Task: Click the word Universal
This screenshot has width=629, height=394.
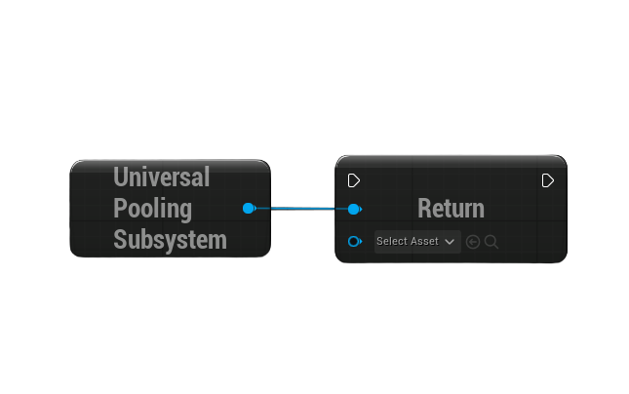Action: [x=161, y=177]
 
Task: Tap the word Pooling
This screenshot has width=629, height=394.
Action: [x=152, y=209]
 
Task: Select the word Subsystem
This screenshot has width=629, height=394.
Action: [x=170, y=240]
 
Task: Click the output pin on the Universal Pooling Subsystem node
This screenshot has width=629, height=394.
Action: [x=249, y=209]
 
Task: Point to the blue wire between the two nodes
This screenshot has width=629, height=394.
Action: [x=302, y=209]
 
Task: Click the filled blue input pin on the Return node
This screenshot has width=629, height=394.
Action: [x=355, y=209]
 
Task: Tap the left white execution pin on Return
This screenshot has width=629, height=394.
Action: [x=354, y=180]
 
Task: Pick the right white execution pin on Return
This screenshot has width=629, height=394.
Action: [x=547, y=180]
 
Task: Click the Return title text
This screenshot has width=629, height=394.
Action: [x=451, y=209]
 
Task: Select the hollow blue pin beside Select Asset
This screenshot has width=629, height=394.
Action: [x=355, y=242]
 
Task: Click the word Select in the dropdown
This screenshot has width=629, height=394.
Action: [x=392, y=241]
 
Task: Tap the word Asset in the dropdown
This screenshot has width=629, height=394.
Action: [x=425, y=241]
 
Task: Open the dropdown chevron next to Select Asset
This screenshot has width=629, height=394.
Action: [x=450, y=242]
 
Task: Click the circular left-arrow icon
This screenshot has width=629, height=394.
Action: [x=473, y=242]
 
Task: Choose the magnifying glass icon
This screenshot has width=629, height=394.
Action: [x=491, y=242]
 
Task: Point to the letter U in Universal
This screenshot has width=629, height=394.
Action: [x=120, y=177]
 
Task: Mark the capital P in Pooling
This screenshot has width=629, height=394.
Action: [x=120, y=208]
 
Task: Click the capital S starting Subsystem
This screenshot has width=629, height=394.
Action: [x=120, y=240]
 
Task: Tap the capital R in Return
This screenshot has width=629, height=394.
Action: [x=424, y=209]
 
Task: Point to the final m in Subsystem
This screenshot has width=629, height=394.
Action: [x=217, y=242]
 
